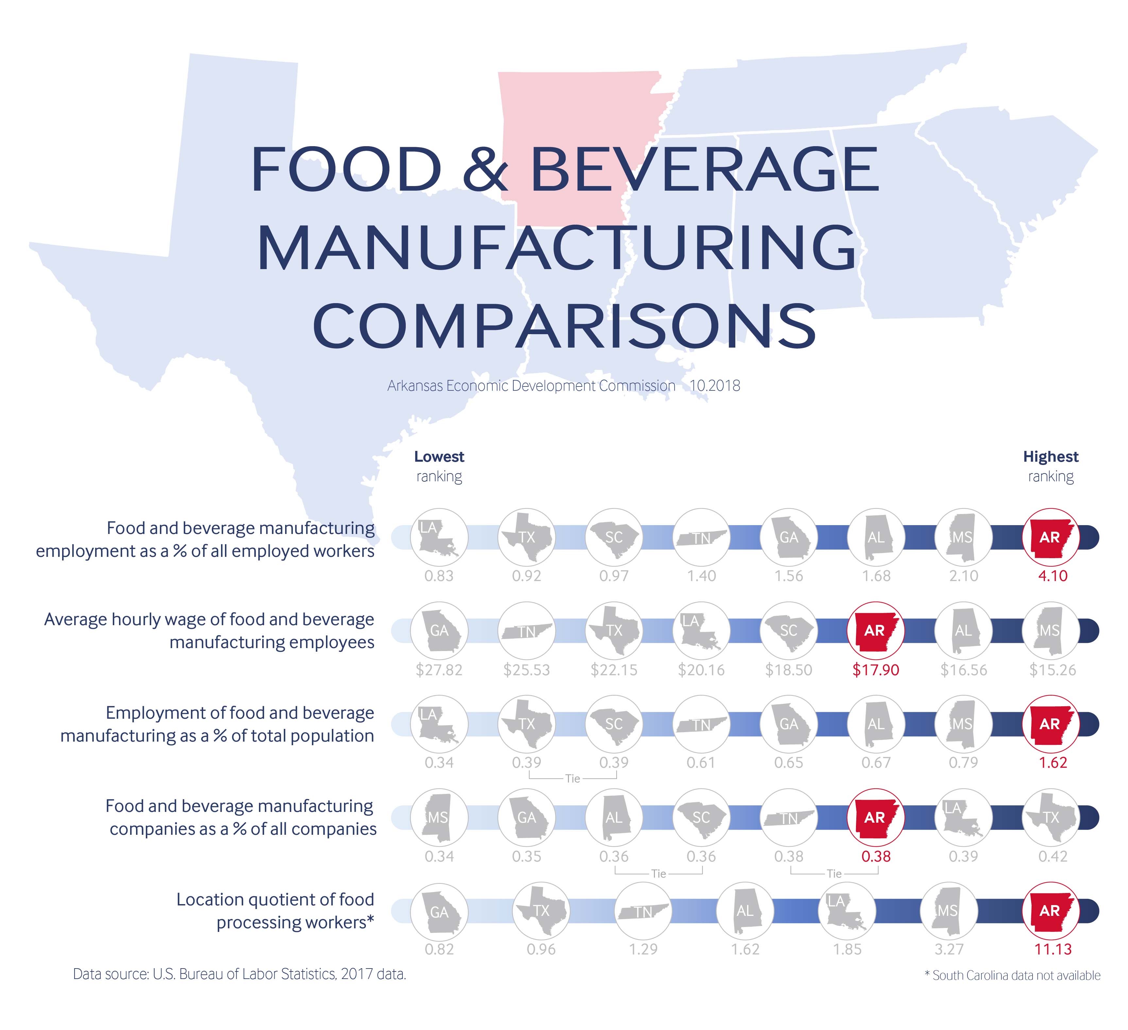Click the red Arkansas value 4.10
tap(1052, 576)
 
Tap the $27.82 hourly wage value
tap(439, 670)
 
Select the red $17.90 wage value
tap(876, 670)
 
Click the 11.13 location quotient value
tap(1052, 949)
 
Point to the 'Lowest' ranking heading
tap(439, 457)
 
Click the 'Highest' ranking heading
tap(1050, 457)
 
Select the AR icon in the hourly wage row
tap(876, 630)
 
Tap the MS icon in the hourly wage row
tap(1050, 630)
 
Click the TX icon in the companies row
tap(1050, 817)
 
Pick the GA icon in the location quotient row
tap(439, 911)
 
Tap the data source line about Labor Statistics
tap(239, 974)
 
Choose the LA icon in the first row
tap(439, 537)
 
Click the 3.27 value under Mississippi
tap(949, 949)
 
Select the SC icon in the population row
tap(614, 724)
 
